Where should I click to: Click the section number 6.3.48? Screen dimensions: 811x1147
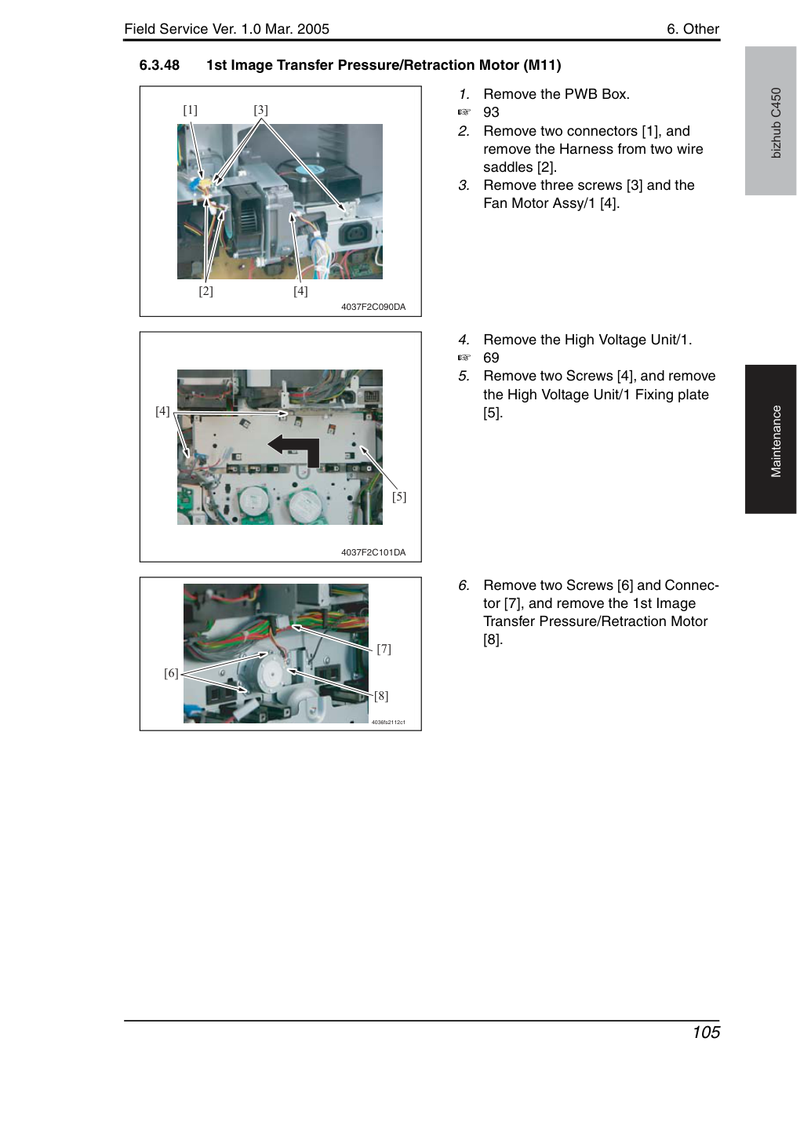159,65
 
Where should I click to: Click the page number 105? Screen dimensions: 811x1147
706,1032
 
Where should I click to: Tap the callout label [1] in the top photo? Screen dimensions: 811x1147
190,110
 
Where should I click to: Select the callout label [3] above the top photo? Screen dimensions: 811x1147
260,110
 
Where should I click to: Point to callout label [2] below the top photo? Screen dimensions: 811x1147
205,291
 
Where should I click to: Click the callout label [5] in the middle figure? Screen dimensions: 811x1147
399,496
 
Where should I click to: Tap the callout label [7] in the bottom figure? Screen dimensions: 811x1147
384,649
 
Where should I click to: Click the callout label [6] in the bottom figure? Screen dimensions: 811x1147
171,673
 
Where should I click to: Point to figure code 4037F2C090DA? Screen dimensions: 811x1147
373,307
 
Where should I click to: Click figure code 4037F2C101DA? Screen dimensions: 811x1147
373,552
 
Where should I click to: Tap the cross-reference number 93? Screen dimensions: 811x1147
491,112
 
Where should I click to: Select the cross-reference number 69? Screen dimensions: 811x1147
491,358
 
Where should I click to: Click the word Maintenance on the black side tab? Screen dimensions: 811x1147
776,442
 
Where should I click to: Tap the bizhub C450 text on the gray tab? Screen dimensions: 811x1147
776,123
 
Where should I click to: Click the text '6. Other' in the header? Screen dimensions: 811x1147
693,29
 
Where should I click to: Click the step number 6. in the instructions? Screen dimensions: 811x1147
464,585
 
